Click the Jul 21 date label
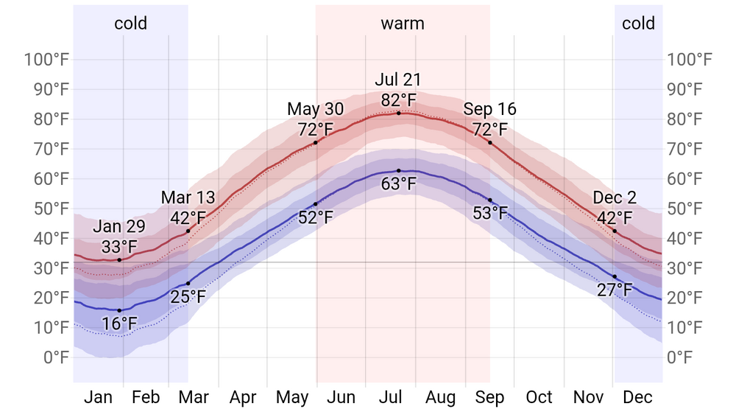pyautogui.click(x=398, y=80)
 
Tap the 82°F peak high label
pyautogui.click(x=398, y=99)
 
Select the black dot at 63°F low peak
pyautogui.click(x=399, y=171)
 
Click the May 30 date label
pyautogui.click(x=315, y=110)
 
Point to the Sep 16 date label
pyautogui.click(x=489, y=110)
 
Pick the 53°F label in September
pyautogui.click(x=490, y=214)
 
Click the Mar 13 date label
pyautogui.click(x=188, y=197)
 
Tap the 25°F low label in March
pyautogui.click(x=188, y=297)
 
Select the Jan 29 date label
pyautogui.click(x=119, y=226)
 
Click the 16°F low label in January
pyautogui.click(x=119, y=324)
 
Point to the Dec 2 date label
pyautogui.click(x=615, y=197)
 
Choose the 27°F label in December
pyautogui.click(x=615, y=290)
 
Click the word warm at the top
pyautogui.click(x=403, y=24)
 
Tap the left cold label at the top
pyautogui.click(x=130, y=24)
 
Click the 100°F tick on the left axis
pyautogui.click(x=46, y=60)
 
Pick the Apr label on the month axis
pyautogui.click(x=243, y=398)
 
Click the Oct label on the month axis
pyautogui.click(x=539, y=398)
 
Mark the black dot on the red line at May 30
pyautogui.click(x=316, y=142)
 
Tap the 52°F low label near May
pyautogui.click(x=315, y=217)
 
